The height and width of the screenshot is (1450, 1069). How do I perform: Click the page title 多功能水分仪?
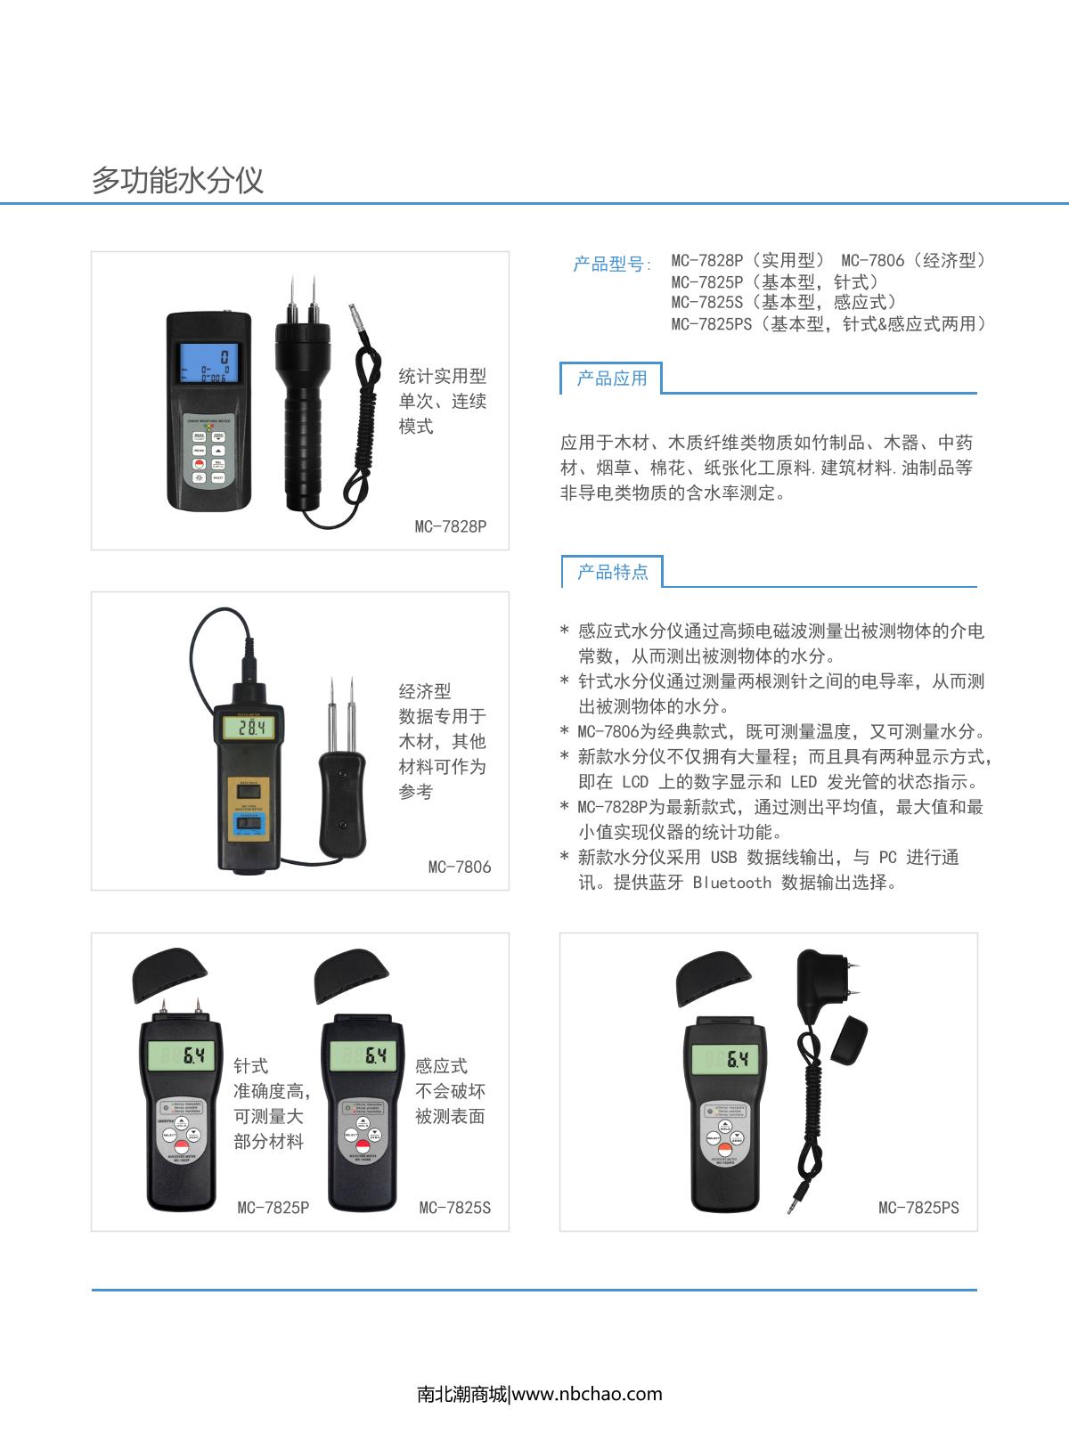coord(177,180)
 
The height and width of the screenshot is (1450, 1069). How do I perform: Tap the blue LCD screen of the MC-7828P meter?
coord(209,362)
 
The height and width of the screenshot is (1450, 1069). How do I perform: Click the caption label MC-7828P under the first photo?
coord(451,526)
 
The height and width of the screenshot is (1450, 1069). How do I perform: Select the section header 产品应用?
coord(612,379)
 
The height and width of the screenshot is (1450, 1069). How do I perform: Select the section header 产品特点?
coord(613,572)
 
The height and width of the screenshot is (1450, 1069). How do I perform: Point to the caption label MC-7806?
coord(460,867)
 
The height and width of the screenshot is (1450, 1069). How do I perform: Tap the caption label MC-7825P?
coord(273,1209)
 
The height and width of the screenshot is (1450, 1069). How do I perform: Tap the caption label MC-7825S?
coord(455,1209)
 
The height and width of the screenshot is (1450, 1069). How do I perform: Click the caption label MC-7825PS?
coord(918,1209)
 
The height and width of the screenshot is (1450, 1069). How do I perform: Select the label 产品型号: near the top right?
coord(612,265)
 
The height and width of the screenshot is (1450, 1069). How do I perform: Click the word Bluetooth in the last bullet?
coord(731,883)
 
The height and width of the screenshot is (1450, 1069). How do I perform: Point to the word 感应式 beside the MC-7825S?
coord(441,1066)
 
